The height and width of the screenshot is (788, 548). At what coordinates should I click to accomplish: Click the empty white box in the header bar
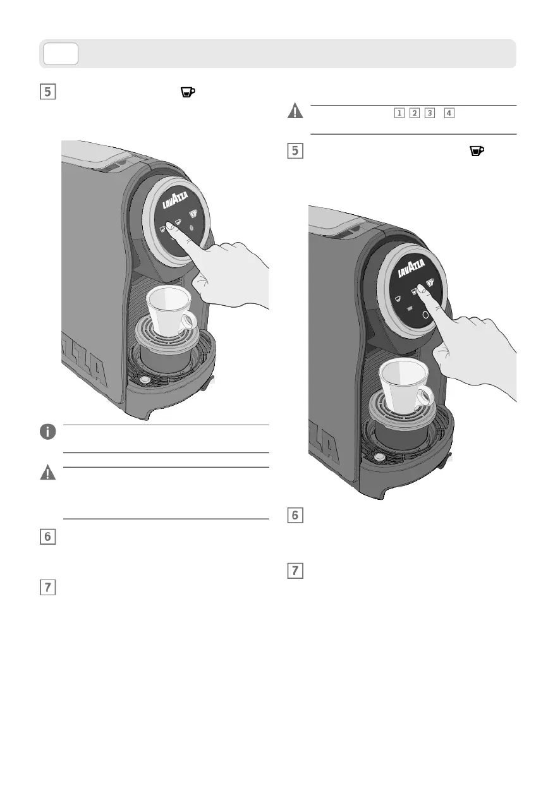[60, 54]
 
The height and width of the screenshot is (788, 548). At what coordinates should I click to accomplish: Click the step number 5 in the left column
[47, 92]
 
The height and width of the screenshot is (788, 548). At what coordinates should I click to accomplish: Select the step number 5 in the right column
[295, 150]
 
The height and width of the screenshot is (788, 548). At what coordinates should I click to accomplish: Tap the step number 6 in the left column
[47, 536]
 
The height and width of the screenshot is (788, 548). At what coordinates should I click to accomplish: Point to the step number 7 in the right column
[295, 571]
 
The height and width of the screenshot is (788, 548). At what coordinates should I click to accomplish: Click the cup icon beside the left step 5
[188, 92]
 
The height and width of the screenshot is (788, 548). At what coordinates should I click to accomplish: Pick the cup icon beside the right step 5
[477, 150]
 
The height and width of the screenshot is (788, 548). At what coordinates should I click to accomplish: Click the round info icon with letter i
[47, 432]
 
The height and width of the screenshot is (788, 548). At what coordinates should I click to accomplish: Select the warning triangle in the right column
[295, 111]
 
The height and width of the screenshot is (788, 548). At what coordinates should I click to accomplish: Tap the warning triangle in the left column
[47, 472]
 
